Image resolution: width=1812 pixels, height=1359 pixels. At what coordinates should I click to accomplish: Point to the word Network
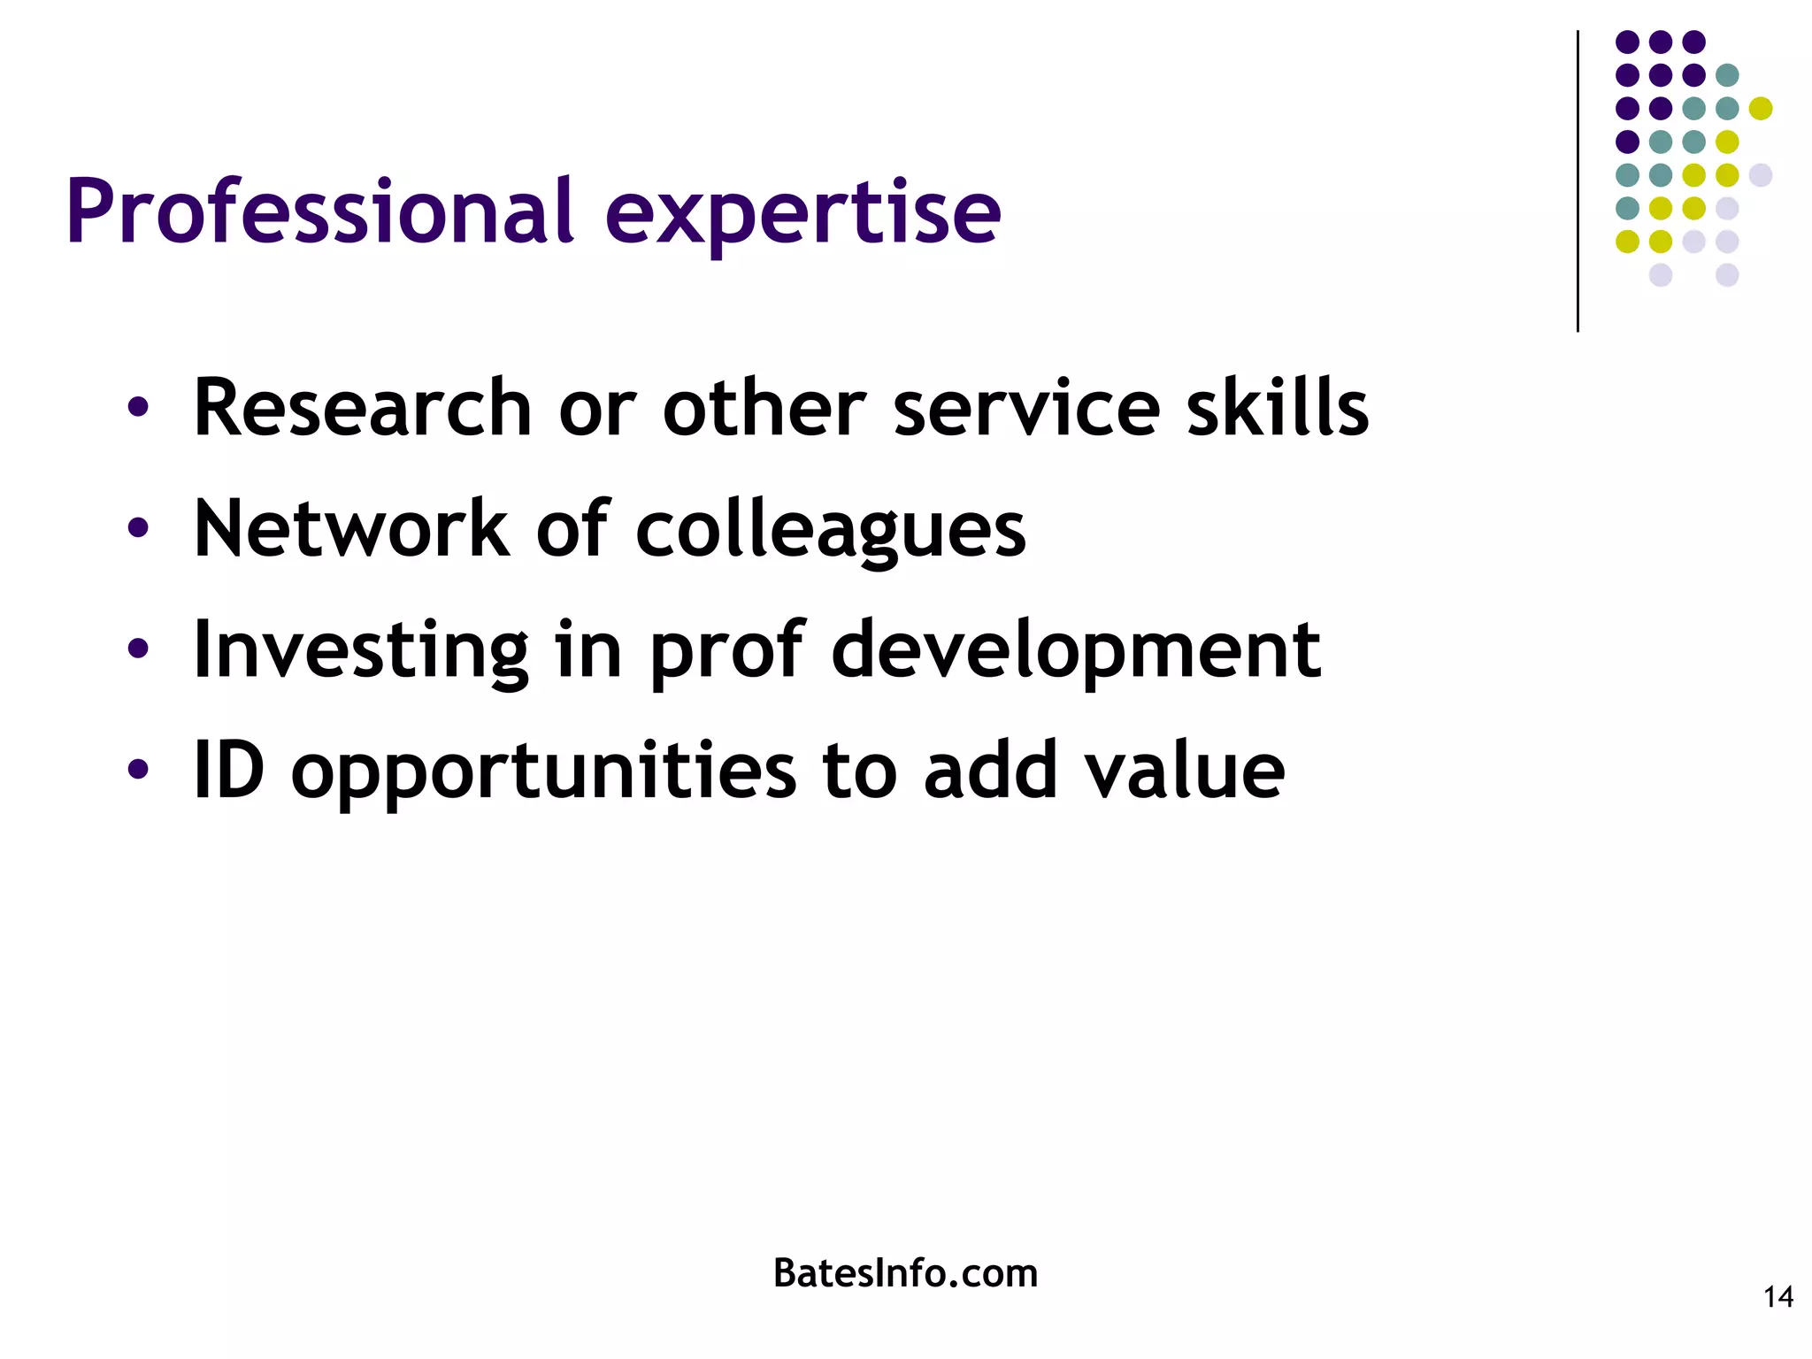pyautogui.click(x=351, y=528)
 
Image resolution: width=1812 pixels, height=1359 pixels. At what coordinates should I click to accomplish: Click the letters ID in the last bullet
pyautogui.click(x=229, y=770)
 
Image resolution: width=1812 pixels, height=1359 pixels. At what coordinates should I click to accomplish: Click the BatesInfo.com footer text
pyautogui.click(x=905, y=1273)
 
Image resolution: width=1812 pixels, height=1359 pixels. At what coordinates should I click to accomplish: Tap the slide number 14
pyautogui.click(x=1778, y=1297)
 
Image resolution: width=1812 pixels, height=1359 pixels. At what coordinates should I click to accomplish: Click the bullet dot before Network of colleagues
pyautogui.click(x=138, y=528)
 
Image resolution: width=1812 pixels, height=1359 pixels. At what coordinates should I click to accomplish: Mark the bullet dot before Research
pyautogui.click(x=138, y=408)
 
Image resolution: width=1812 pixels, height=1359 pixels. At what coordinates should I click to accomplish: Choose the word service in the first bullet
pyautogui.click(x=1026, y=408)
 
